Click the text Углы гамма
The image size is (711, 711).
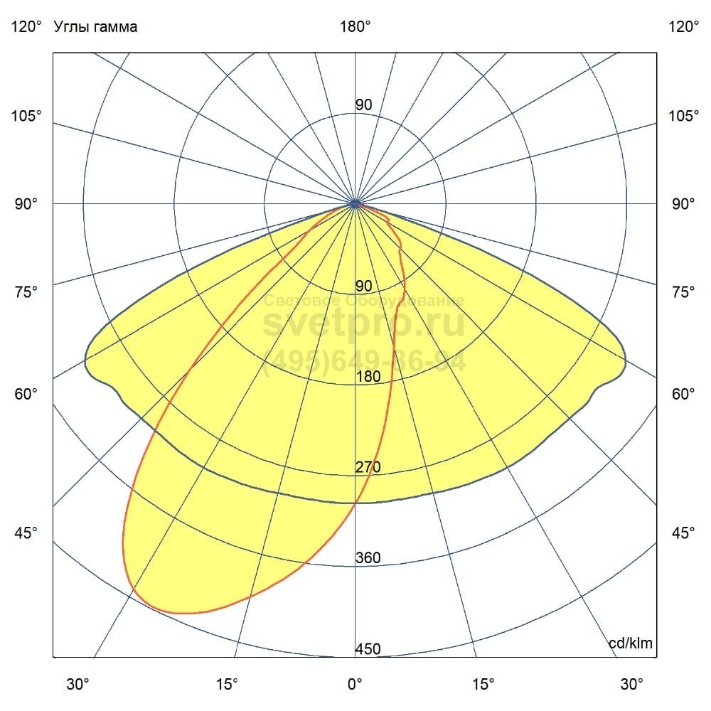click(x=95, y=27)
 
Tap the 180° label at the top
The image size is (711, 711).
click(x=355, y=27)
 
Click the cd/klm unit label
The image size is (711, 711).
click(x=631, y=643)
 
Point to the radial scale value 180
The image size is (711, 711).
click(x=368, y=377)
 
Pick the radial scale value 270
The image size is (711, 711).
click(x=368, y=467)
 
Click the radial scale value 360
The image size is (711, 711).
click(x=368, y=557)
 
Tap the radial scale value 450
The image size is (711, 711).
click(x=368, y=649)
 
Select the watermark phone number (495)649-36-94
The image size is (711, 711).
click(x=365, y=362)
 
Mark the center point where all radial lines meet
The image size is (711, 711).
click(x=355, y=203)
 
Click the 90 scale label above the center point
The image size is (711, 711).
click(x=363, y=105)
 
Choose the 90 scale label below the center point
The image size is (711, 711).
click(x=363, y=287)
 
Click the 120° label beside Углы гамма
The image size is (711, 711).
click(x=26, y=27)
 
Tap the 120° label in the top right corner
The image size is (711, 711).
click(x=684, y=27)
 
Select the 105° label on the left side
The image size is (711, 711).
click(x=26, y=115)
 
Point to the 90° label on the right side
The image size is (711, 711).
click(x=684, y=204)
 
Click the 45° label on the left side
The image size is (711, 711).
click(x=26, y=533)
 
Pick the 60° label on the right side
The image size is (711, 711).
click(x=684, y=394)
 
